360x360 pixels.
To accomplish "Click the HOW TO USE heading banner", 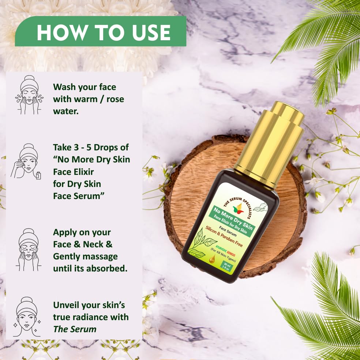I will pyautogui.click(x=103, y=33).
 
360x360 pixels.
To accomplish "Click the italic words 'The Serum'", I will pyautogui.click(x=75, y=329).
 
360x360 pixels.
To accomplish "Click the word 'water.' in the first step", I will pyautogui.click(x=66, y=111).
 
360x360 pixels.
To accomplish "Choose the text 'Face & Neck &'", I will pyautogui.click(x=83, y=244).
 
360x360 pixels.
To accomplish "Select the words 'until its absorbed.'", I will pyautogui.click(x=90, y=268).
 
